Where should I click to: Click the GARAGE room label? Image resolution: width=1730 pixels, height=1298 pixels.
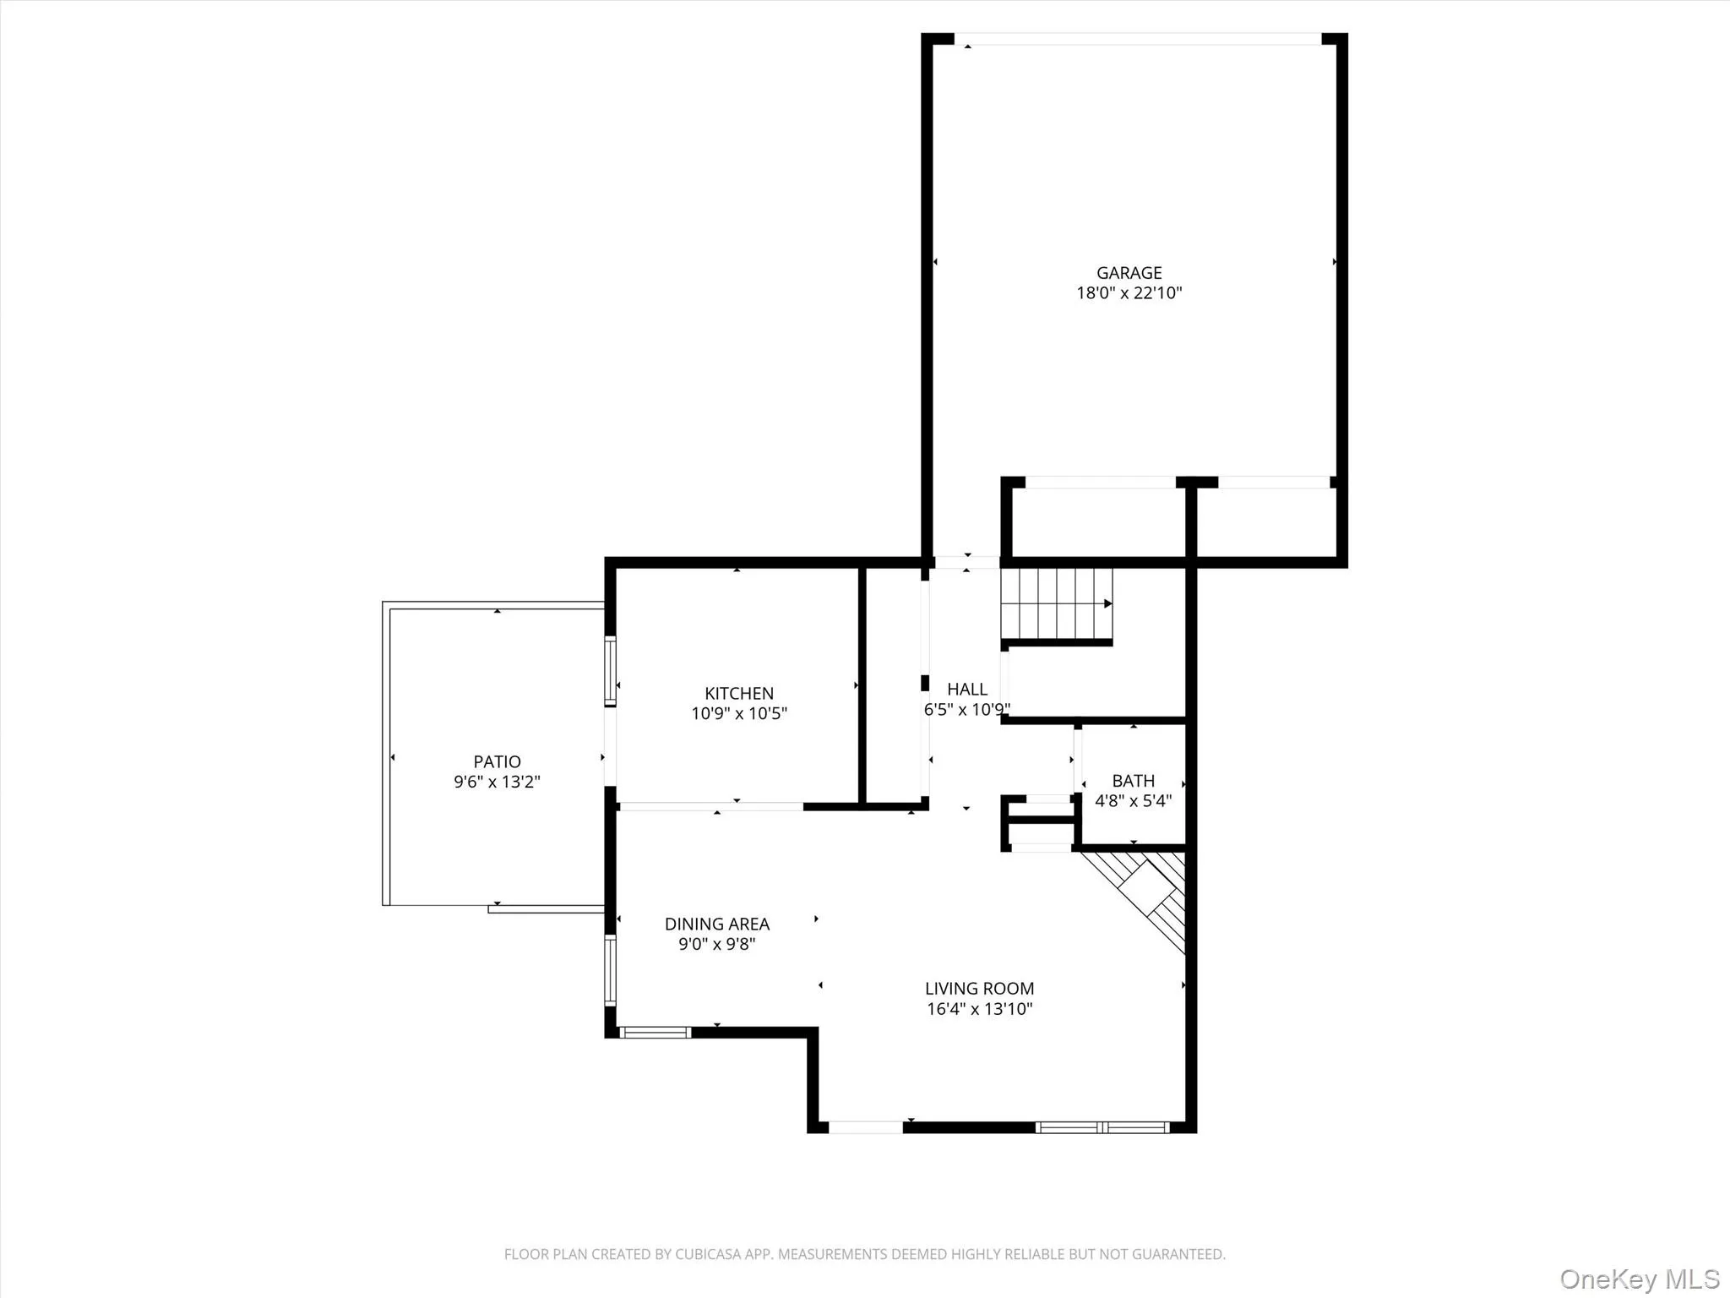pos(1129,273)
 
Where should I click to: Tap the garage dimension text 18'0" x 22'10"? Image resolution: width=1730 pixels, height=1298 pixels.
pos(1129,293)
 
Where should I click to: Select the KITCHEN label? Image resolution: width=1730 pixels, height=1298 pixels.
pos(738,693)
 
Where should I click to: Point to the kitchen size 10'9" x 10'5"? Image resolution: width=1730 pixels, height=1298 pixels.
pos(738,713)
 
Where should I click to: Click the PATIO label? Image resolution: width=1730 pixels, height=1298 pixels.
pos(497,761)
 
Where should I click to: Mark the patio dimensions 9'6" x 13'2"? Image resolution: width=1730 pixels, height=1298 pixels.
pos(497,782)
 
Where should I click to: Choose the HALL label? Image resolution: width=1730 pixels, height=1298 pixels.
pos(966,689)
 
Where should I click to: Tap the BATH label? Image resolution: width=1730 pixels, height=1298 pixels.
pos(1133,781)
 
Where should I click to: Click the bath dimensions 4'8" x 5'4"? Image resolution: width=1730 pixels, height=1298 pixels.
pos(1133,800)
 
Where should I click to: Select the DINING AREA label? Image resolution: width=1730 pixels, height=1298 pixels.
pos(716,924)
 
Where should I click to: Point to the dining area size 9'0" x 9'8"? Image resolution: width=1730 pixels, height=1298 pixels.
pos(716,944)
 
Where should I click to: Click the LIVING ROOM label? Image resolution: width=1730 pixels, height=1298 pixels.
pos(979,988)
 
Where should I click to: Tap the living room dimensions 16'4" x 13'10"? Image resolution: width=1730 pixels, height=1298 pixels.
pos(979,1008)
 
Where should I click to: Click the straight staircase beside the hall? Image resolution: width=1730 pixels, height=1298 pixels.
pos(1056,603)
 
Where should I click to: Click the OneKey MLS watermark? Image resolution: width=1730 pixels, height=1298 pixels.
pos(1639,1279)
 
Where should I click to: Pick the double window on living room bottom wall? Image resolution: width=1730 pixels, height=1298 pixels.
pos(1102,1126)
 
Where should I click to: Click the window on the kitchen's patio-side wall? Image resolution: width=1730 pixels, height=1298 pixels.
pos(609,671)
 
